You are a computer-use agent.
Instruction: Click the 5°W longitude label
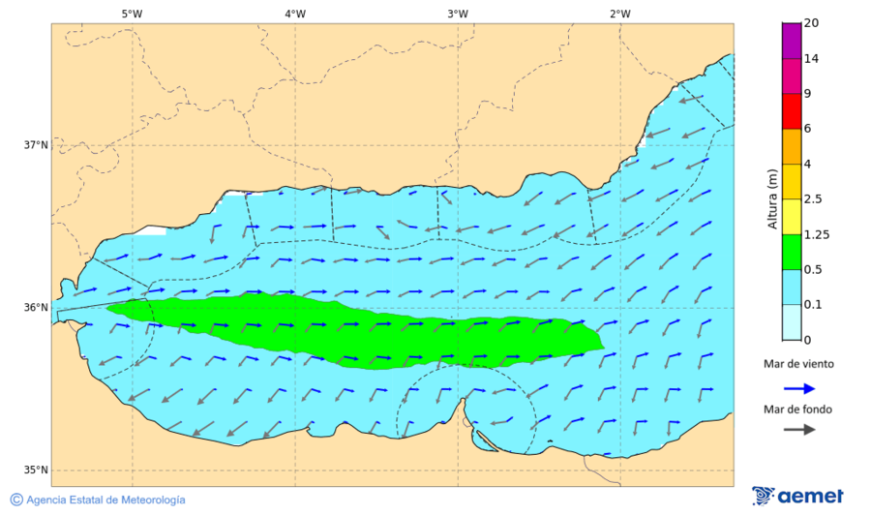(x=133, y=14)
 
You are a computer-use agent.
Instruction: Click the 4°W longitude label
(x=295, y=14)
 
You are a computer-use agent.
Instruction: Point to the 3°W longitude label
(x=458, y=14)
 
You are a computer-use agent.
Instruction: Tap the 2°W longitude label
(x=620, y=14)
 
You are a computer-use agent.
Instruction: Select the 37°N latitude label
(x=36, y=145)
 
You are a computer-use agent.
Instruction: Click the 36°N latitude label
(x=36, y=308)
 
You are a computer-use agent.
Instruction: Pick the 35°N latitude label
(x=36, y=470)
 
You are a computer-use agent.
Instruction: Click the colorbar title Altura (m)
(x=772, y=198)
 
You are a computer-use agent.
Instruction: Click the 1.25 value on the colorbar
(x=817, y=234)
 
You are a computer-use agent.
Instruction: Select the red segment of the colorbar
(x=792, y=111)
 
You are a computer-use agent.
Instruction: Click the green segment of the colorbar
(x=792, y=252)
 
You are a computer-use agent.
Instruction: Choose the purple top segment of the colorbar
(x=792, y=41)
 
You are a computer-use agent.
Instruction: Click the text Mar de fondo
(x=797, y=410)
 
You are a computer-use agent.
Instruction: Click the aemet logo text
(x=811, y=496)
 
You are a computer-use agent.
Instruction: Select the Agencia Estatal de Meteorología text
(x=105, y=501)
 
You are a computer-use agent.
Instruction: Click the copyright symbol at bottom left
(x=16, y=500)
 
